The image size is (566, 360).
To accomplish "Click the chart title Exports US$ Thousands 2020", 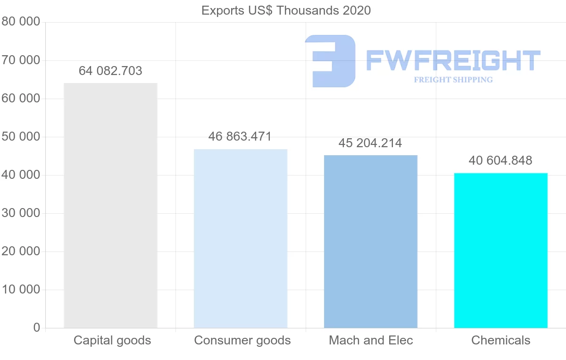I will tap(286, 10).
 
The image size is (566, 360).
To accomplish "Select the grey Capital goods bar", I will tap(110, 205).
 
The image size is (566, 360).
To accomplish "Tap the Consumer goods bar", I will tap(241, 238).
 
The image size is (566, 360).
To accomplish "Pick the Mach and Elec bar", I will tap(371, 241).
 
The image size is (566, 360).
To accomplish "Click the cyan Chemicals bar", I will tap(500, 250).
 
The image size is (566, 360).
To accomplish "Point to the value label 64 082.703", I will tap(110, 71).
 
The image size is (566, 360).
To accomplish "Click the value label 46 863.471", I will tap(240, 137).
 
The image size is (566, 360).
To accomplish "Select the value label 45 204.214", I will tap(370, 143).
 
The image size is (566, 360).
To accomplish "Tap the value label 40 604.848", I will tap(500, 160).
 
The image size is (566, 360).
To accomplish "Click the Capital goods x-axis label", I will tap(112, 340).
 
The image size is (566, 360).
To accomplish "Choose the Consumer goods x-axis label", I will tap(242, 340).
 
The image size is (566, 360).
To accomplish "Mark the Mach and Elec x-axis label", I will tap(371, 340).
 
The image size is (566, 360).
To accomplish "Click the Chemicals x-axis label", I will tap(501, 340).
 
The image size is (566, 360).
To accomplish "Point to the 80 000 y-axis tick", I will tap(21, 22).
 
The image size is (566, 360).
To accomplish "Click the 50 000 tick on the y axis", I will tap(21, 137).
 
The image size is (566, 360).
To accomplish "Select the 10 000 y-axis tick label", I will tap(21, 290).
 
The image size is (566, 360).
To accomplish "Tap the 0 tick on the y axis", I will tap(37, 328).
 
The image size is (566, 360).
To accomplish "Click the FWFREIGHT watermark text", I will tap(453, 60).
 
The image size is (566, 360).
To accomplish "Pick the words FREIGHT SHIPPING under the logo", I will tap(453, 80).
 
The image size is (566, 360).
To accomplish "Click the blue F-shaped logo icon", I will tap(330, 60).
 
